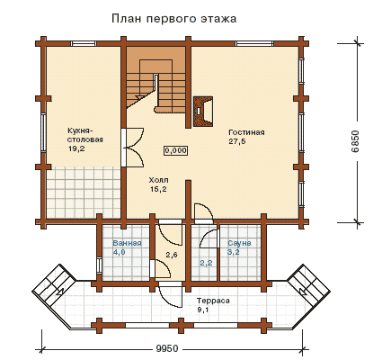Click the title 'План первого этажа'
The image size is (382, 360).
click(x=174, y=19)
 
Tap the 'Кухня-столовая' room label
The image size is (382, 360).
click(x=85, y=135)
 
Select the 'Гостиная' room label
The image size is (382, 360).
click(x=246, y=132)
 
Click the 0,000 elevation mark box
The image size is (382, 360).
click(x=176, y=150)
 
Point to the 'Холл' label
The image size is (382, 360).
click(x=158, y=180)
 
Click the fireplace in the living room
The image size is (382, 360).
click(x=203, y=111)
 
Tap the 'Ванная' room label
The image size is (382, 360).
click(x=127, y=243)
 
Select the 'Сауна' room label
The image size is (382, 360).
click(x=239, y=243)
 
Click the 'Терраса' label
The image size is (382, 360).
click(x=213, y=301)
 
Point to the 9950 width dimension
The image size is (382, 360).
click(x=167, y=348)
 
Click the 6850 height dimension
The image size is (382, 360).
click(x=355, y=141)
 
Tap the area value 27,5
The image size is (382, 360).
click(x=237, y=141)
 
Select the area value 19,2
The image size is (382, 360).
click(x=76, y=148)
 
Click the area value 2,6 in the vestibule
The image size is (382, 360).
click(x=172, y=255)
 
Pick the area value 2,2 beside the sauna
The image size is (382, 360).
click(x=206, y=263)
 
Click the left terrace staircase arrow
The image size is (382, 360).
click(x=61, y=290)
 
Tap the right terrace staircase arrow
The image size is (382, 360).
click(x=304, y=290)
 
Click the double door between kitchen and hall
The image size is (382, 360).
click(x=133, y=148)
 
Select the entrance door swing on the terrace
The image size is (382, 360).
click(x=171, y=296)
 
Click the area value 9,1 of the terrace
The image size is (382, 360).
click(x=202, y=310)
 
